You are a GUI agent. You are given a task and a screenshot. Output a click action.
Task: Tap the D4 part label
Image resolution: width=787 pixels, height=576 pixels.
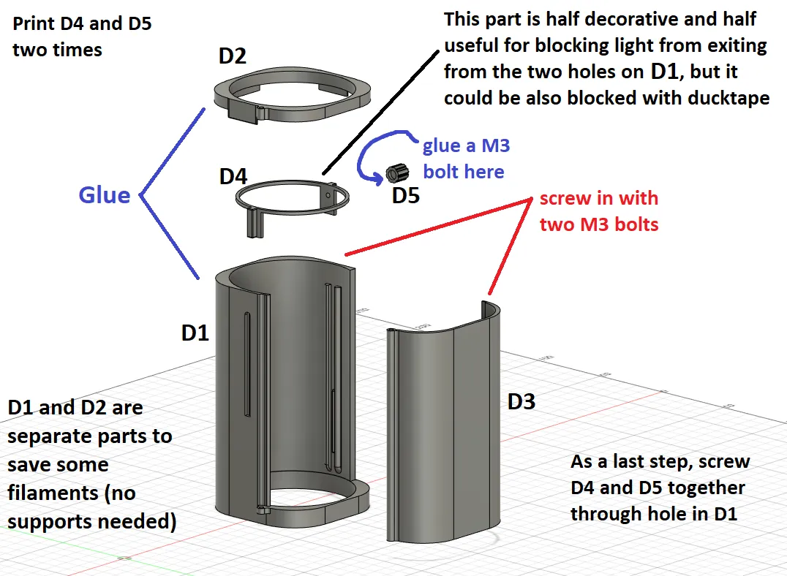click(x=233, y=177)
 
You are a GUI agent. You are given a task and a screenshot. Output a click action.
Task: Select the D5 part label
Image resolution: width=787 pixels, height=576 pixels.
click(x=406, y=196)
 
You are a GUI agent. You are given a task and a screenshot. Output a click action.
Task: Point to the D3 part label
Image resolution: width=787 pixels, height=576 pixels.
click(x=521, y=401)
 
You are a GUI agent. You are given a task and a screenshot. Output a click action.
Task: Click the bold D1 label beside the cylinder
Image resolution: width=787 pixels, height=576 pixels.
click(x=195, y=333)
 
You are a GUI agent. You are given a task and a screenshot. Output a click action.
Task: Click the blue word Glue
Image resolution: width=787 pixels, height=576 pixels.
click(x=105, y=195)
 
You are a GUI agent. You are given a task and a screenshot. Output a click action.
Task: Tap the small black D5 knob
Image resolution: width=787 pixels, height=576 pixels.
click(x=396, y=174)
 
